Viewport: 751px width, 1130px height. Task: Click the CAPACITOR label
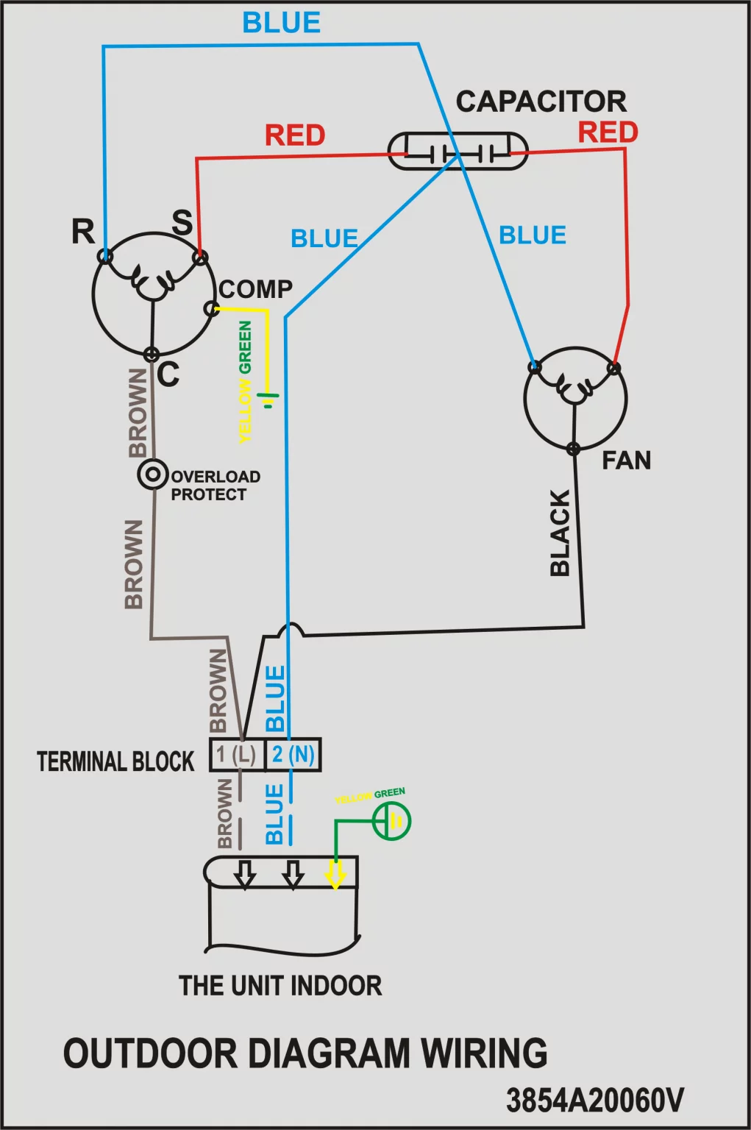tap(541, 102)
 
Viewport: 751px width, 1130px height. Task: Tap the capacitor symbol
tap(458, 151)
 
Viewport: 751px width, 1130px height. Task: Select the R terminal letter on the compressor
tap(83, 232)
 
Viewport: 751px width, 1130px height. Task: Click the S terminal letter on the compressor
tap(182, 222)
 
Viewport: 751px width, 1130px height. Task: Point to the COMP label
tap(256, 289)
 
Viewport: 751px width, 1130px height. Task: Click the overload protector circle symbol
tap(153, 475)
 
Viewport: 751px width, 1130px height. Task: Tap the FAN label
tap(627, 461)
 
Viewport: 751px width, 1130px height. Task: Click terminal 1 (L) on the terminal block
tap(237, 755)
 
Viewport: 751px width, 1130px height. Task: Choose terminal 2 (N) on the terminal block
tap(293, 755)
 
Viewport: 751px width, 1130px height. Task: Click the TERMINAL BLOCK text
tap(115, 761)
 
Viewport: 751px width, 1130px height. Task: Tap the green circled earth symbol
tap(392, 821)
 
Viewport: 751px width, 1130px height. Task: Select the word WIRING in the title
tap(484, 1052)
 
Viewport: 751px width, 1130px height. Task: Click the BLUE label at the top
tap(282, 23)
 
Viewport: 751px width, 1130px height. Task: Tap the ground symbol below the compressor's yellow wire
tap(271, 399)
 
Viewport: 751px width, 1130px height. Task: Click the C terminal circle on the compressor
tap(152, 354)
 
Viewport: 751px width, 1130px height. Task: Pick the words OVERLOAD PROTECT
tap(216, 486)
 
